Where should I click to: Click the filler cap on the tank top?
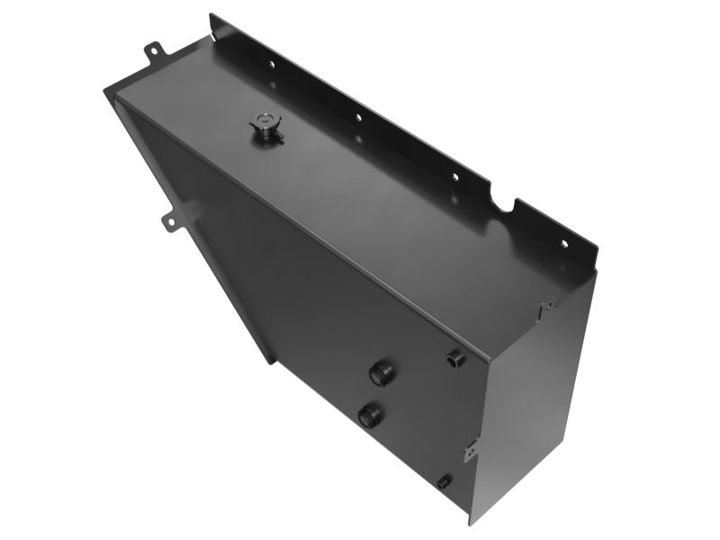point(266,128)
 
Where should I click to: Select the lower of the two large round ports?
point(369,415)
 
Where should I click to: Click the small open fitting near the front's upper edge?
point(455,358)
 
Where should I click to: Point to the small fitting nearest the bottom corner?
point(444,482)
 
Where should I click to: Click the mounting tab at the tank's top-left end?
point(154,51)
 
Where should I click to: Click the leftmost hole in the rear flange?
point(269,64)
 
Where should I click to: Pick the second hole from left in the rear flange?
point(357,117)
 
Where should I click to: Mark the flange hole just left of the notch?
point(455,176)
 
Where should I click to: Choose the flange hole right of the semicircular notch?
point(564,242)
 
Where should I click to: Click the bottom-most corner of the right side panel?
point(470,521)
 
